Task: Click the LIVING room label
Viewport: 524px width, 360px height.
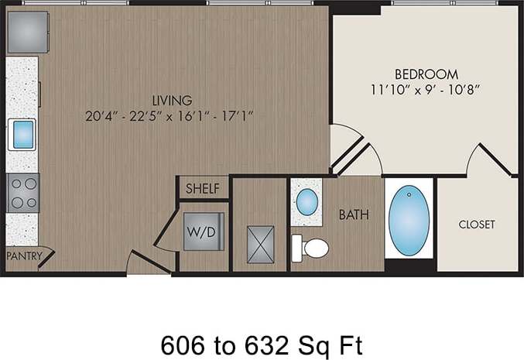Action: pyautogui.click(x=172, y=100)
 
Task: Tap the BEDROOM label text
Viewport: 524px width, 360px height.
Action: pyautogui.click(x=420, y=74)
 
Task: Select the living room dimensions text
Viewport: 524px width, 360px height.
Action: pyautogui.click(x=171, y=117)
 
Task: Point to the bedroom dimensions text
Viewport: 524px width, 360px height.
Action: pyautogui.click(x=426, y=89)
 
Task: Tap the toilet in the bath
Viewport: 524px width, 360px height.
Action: pyautogui.click(x=312, y=248)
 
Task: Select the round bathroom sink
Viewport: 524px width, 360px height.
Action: pyautogui.click(x=307, y=202)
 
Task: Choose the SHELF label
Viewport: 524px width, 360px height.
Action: pyautogui.click(x=204, y=188)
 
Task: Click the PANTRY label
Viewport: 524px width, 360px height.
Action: pyautogui.click(x=23, y=255)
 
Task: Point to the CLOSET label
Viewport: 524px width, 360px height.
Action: pyautogui.click(x=476, y=225)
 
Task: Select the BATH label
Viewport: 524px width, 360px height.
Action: pyautogui.click(x=354, y=215)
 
